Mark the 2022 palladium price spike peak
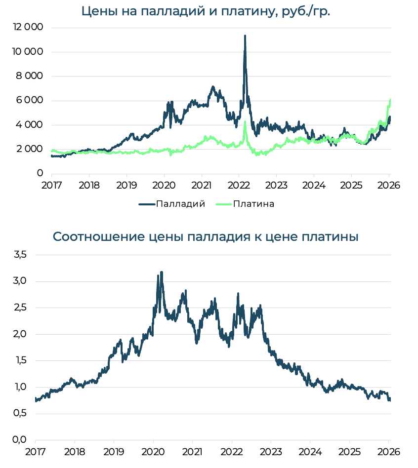tap(245, 36)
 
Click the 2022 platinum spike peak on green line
tap(245, 122)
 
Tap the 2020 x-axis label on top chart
tap(164, 186)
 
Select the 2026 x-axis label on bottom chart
tap(388, 452)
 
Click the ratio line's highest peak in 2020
tap(161, 272)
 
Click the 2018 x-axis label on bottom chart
tap(74, 452)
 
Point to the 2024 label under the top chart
tap(313, 186)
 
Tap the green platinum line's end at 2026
tap(390, 100)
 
